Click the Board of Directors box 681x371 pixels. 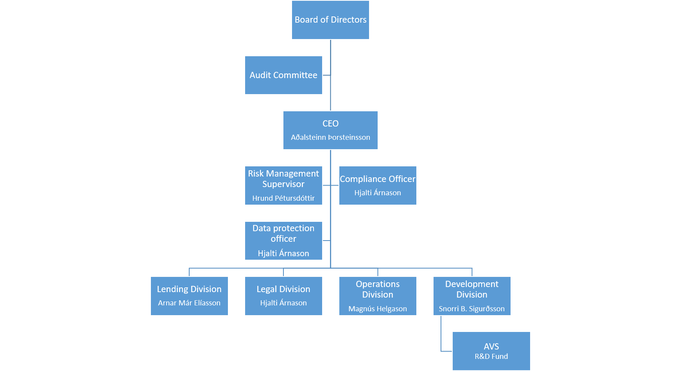330,20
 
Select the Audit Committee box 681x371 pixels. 283,75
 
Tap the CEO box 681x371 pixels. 330,130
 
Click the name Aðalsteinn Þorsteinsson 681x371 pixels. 330,137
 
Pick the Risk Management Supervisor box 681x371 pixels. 283,185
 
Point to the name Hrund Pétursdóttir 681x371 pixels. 283,198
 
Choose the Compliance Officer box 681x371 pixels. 378,185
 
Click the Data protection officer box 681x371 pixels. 283,241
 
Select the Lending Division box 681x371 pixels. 189,296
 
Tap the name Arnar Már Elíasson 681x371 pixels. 189,303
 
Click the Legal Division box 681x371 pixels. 283,296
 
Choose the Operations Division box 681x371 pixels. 378,296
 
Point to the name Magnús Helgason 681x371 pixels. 378,309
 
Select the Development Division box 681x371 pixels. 472,296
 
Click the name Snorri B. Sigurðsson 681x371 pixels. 472,309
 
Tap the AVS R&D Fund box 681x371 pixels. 491,351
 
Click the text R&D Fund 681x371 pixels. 491,357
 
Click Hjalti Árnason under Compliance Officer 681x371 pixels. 378,193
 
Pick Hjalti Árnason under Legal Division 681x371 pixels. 283,303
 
